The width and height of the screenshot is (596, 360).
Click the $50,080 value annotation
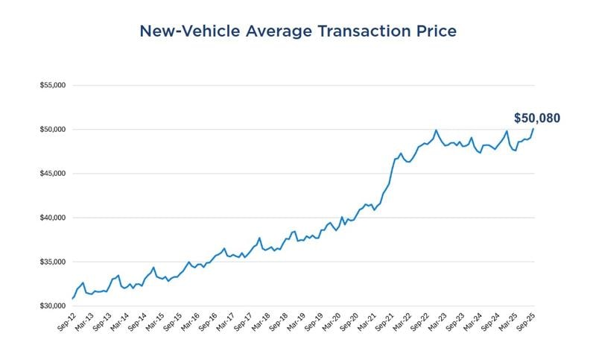[536, 118]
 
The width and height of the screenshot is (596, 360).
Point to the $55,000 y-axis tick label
[53, 85]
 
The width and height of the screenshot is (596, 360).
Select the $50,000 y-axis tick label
[53, 130]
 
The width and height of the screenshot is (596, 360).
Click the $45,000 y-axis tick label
[53, 174]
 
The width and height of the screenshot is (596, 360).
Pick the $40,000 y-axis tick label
[53, 218]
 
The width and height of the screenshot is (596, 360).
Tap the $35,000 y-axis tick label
[53, 262]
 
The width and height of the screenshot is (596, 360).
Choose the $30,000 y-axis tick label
[53, 306]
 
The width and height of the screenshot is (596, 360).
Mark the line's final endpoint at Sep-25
[533, 129]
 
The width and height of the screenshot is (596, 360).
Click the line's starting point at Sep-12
[72, 298]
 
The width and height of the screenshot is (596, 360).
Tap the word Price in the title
[434, 31]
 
